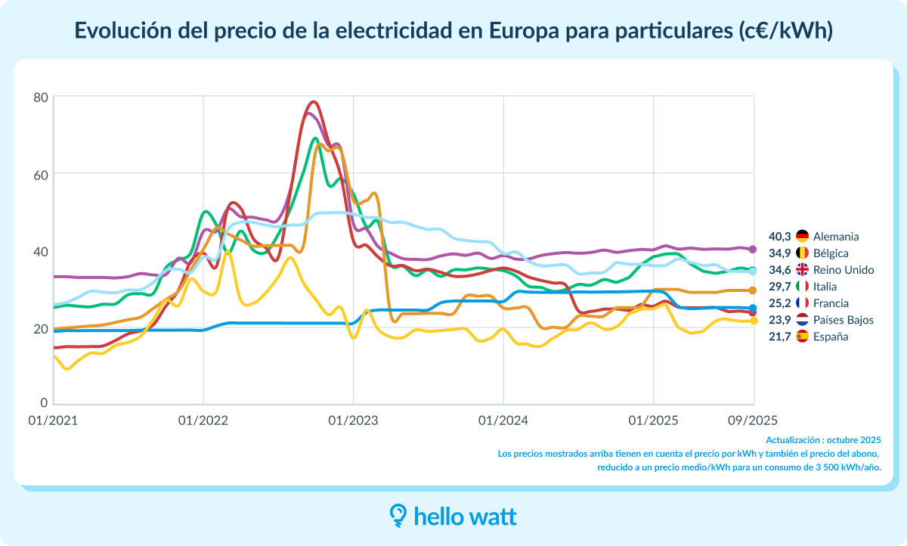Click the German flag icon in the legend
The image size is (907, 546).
(802, 237)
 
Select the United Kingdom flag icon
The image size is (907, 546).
(802, 270)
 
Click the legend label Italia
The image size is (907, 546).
(828, 287)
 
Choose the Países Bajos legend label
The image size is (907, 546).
(843, 320)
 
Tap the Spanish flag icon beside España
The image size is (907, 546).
(802, 337)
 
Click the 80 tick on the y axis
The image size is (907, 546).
(41, 97)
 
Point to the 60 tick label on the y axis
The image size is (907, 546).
(41, 174)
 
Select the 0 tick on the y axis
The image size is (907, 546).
(45, 402)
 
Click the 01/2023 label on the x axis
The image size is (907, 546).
(353, 420)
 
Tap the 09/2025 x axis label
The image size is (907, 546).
(752, 420)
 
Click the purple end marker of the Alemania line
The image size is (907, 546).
(753, 250)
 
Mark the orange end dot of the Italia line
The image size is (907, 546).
(753, 290)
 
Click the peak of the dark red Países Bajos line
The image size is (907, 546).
(314, 101)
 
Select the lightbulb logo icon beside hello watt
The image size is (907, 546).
(398, 515)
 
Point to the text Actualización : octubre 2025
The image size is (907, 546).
(823, 439)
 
